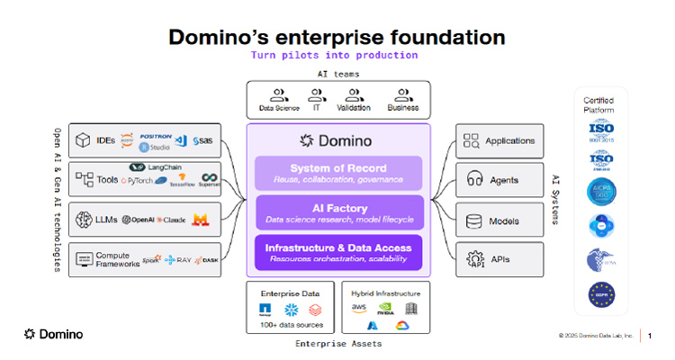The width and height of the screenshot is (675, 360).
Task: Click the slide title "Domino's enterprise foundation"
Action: (337, 37)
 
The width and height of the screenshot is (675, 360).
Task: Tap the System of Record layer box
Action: (338, 173)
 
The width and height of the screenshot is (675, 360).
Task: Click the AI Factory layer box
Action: (338, 212)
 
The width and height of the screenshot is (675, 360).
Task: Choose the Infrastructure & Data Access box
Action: (338, 252)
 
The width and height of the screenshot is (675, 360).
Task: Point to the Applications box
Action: (499, 140)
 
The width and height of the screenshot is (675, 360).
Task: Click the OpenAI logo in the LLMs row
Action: (139, 220)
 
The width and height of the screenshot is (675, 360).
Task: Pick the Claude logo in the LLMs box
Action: (173, 220)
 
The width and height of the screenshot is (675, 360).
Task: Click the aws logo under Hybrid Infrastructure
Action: (360, 308)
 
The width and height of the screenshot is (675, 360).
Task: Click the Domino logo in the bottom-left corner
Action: (53, 334)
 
